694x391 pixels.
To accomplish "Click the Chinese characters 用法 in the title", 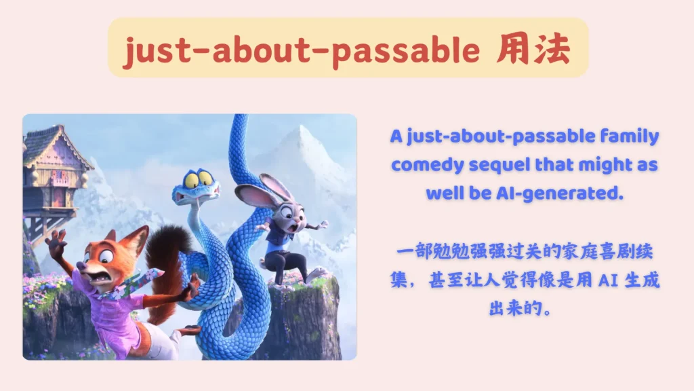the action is tap(533, 49).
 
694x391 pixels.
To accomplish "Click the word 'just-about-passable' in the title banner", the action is tap(302, 50).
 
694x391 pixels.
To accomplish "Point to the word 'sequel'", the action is tap(499, 165).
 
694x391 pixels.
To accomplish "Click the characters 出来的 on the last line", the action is tap(515, 308).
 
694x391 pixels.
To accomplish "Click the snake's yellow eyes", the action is tap(198, 179).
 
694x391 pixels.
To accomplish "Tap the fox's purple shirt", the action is tap(110, 310).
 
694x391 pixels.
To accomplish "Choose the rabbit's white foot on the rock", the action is tap(317, 273).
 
